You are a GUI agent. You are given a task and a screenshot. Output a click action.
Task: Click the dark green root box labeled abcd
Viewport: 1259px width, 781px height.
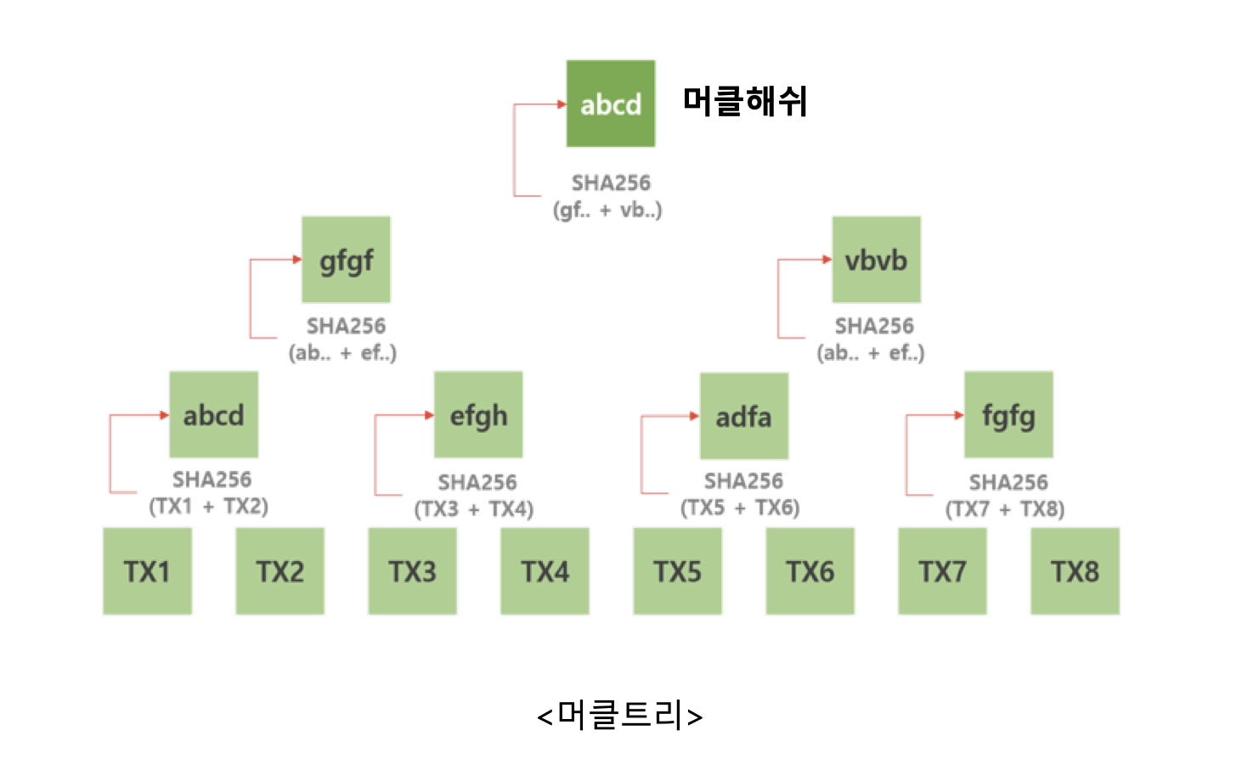point(610,104)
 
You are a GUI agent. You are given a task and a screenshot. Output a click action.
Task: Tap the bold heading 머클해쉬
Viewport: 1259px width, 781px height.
point(744,101)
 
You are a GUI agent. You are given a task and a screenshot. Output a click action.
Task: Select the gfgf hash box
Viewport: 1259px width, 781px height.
point(346,260)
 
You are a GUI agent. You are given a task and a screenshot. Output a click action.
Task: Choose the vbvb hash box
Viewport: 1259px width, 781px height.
point(876,260)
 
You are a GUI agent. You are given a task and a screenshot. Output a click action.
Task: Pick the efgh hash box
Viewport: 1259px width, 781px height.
point(478,415)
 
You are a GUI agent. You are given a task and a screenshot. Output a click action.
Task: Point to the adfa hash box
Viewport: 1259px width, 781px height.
point(743,416)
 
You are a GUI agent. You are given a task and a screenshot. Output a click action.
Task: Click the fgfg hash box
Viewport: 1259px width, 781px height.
point(1008,415)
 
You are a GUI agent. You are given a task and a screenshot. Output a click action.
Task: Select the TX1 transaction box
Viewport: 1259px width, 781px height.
point(147,571)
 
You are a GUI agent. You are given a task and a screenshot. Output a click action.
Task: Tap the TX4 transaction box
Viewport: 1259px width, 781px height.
point(545,571)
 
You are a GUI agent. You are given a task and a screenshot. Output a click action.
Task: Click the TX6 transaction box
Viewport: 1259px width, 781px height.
point(810,571)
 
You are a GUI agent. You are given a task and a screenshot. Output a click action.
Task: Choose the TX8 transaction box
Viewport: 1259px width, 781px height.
point(1075,571)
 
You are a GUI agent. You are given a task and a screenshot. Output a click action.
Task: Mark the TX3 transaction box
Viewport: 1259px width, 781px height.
point(412,571)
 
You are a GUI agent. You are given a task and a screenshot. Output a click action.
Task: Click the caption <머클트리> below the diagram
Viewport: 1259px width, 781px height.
point(620,716)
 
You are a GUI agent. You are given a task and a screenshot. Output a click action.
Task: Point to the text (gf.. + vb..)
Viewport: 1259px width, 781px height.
point(607,210)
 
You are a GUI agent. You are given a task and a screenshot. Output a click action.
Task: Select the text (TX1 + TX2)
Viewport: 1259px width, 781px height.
point(209,506)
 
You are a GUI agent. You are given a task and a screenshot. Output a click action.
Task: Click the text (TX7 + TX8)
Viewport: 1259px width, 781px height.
point(1005,508)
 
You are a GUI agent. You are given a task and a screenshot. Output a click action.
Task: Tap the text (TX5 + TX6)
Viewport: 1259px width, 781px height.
point(740,508)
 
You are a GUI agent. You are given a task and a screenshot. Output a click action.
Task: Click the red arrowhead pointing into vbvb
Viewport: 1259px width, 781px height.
point(827,259)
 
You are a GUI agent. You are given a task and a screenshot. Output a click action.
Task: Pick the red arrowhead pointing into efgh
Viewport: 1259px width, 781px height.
point(429,415)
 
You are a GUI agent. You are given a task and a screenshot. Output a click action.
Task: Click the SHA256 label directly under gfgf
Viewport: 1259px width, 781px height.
point(346,326)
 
